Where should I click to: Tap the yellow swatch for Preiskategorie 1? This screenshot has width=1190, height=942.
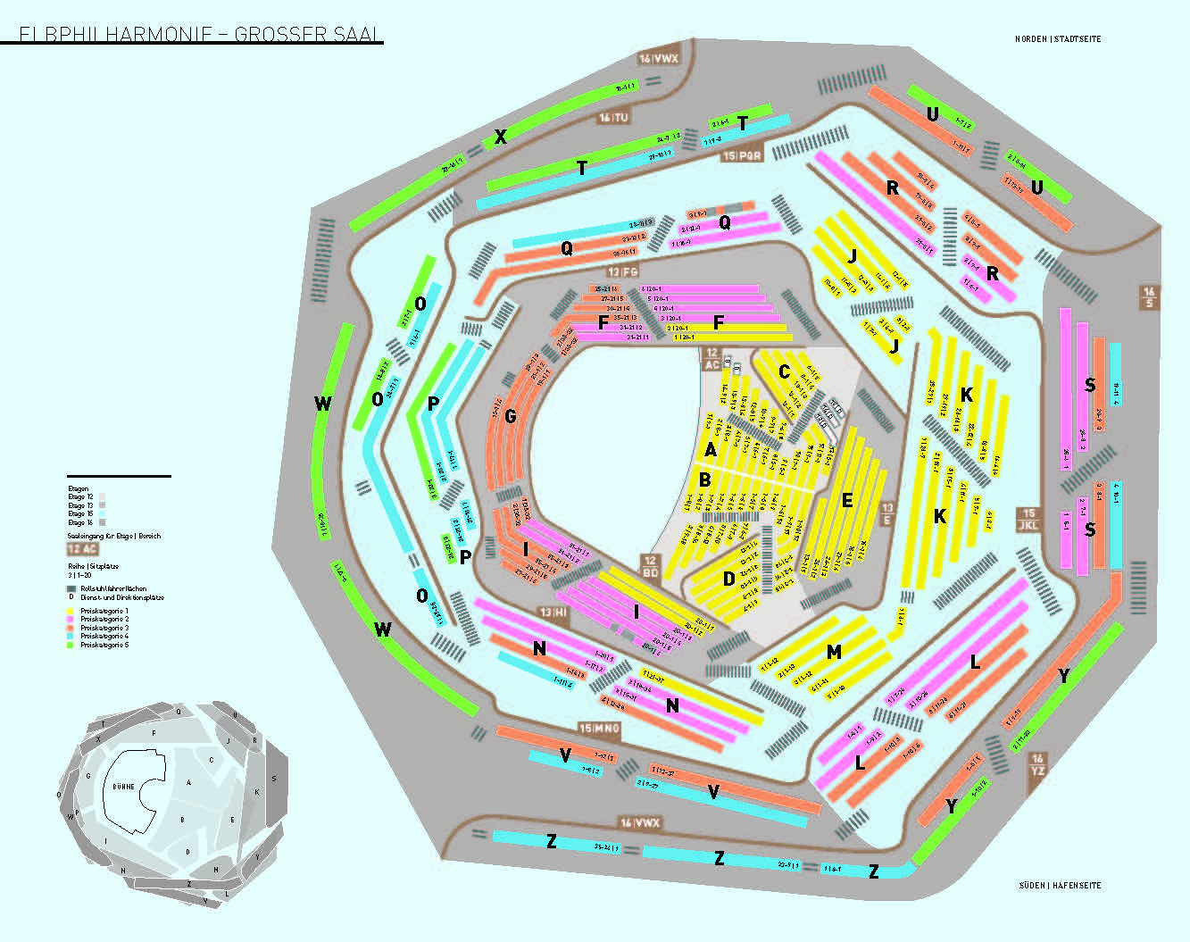[x=71, y=611]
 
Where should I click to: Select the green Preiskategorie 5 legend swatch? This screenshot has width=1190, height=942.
[x=71, y=645]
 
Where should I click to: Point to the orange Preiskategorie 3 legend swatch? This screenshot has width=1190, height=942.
[x=71, y=628]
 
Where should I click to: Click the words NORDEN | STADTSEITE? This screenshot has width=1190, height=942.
[x=1058, y=39]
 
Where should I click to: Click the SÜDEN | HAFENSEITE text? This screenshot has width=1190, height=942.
[x=1060, y=886]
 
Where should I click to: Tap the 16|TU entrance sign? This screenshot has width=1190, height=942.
[x=613, y=117]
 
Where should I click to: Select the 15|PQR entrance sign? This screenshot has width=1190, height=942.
[x=743, y=155]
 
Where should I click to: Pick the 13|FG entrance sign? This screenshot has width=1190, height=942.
[x=623, y=271]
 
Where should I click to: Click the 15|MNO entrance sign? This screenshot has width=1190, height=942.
[x=599, y=729]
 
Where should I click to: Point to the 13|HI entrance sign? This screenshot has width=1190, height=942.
[x=553, y=613]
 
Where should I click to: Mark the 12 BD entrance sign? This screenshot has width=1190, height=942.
[x=650, y=566]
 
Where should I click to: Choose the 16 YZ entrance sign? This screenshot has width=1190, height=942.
[x=1037, y=764]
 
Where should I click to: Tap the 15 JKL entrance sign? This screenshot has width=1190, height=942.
[x=1028, y=520]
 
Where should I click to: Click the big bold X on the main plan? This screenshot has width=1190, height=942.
[x=501, y=137]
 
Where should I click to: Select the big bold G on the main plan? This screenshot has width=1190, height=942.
[x=511, y=416]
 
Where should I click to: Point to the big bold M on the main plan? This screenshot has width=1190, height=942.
[x=834, y=653]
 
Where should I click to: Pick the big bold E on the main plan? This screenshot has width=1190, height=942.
[x=847, y=500]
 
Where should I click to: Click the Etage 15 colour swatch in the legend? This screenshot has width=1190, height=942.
[x=102, y=514]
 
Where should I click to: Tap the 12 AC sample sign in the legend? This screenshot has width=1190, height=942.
[x=82, y=549]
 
